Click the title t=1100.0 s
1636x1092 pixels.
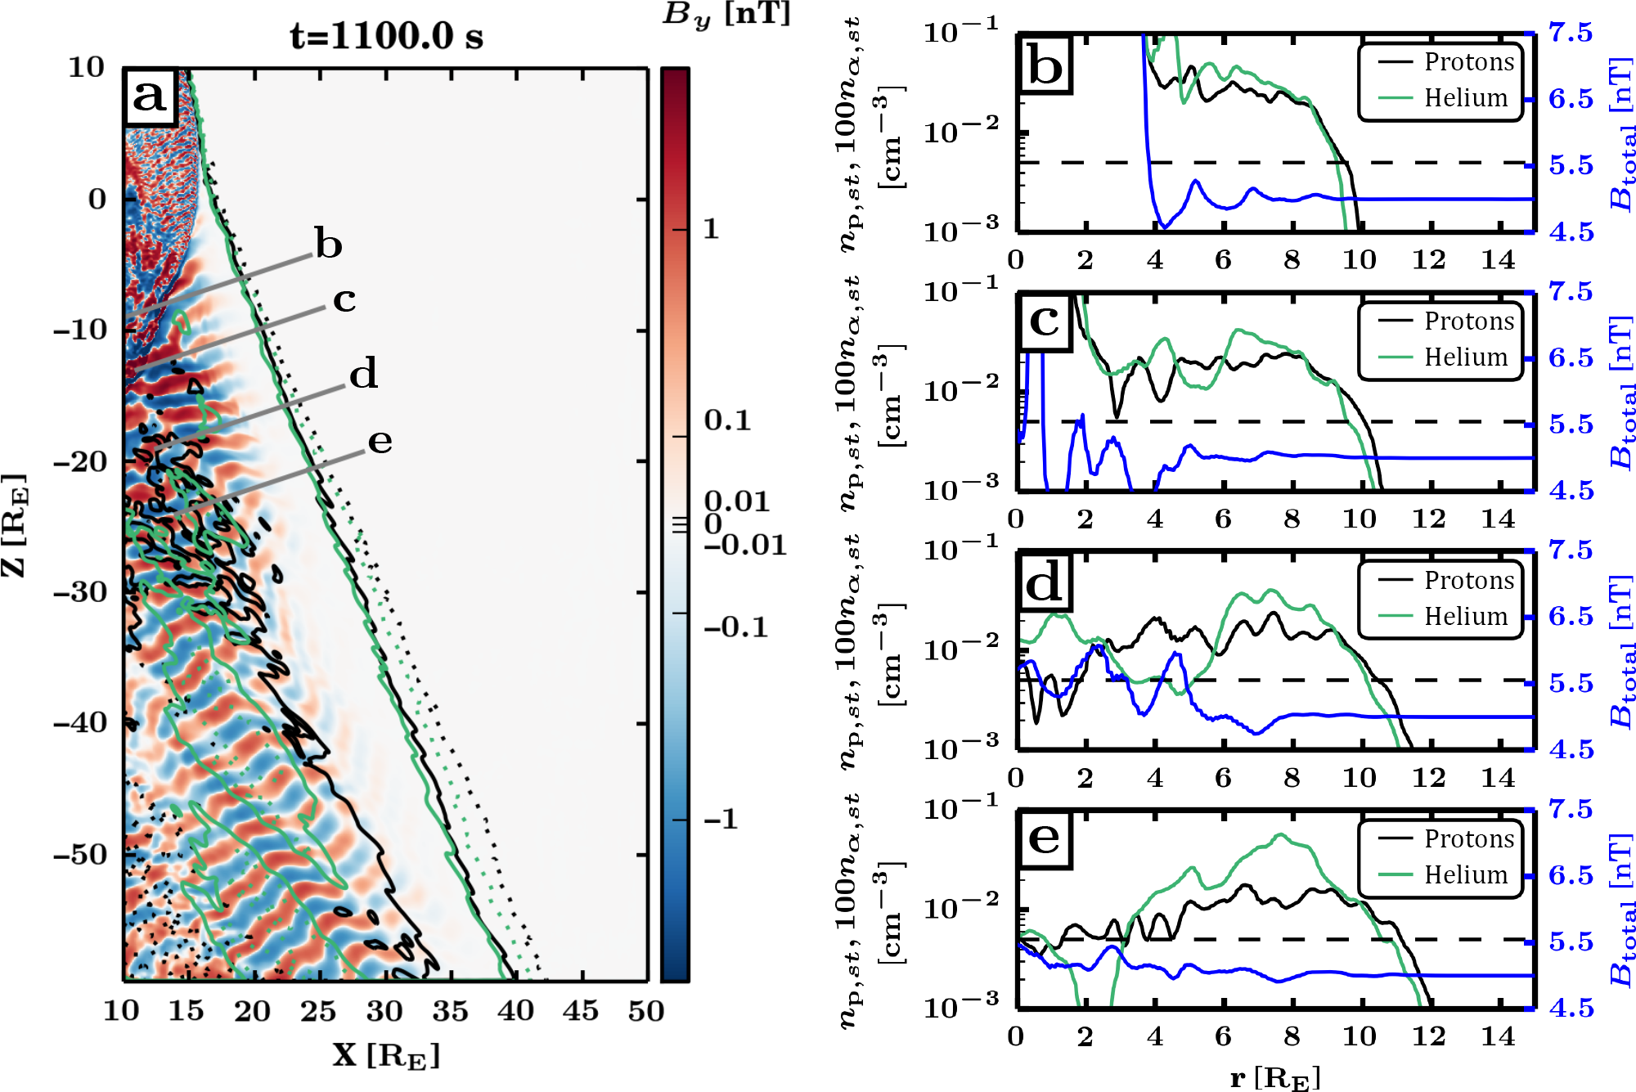(386, 36)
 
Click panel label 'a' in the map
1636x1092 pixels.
(150, 97)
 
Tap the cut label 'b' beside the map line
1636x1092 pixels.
(329, 244)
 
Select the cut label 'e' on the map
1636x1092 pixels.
(380, 441)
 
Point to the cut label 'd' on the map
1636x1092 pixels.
(363, 374)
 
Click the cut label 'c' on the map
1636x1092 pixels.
(344, 299)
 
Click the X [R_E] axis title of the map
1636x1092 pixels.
(386, 1055)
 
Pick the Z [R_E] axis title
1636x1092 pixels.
(15, 524)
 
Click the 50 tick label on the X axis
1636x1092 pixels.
(645, 1011)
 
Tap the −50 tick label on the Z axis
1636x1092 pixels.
(80, 855)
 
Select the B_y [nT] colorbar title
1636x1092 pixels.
(726, 15)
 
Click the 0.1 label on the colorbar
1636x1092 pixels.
(727, 420)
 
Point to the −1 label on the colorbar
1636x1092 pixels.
(721, 819)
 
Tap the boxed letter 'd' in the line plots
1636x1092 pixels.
(1044, 584)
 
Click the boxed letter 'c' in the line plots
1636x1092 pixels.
(1044, 321)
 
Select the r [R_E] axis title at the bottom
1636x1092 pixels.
(1274, 1077)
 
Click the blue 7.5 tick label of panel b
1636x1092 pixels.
(1571, 33)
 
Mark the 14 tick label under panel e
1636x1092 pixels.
(1498, 1036)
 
